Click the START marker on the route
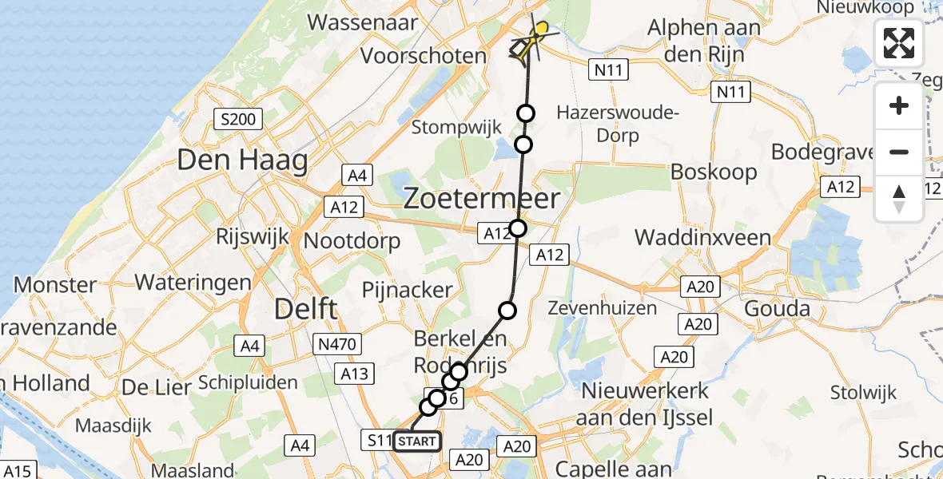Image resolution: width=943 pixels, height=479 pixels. [416, 441]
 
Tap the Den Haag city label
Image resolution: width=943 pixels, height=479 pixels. [242, 161]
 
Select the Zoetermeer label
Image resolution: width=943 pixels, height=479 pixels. [481, 199]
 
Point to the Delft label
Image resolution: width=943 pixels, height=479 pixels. [306, 309]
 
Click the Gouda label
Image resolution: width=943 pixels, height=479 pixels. [777, 309]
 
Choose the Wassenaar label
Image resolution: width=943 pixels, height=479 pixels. [362, 22]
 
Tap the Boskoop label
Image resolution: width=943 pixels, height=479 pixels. [703, 172]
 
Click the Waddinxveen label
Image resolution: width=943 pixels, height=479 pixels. [702, 237]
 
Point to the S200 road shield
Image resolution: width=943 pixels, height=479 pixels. [239, 121]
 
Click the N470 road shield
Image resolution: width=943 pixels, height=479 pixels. [338, 344]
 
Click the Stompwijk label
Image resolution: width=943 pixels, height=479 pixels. [456, 127]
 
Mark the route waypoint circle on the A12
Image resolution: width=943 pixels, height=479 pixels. [519, 228]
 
